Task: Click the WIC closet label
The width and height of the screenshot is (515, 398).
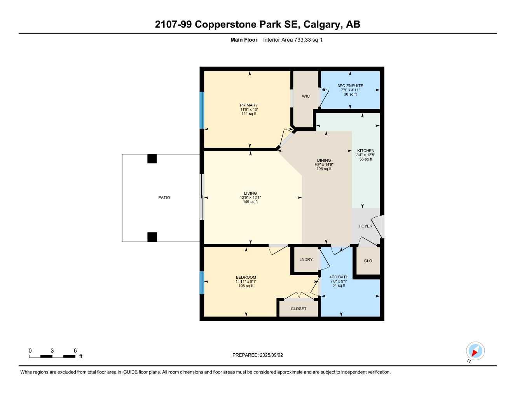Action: coord(306,96)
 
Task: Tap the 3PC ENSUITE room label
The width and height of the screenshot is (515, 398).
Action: coord(350,86)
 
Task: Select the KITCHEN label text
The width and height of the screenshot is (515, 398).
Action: coord(366,150)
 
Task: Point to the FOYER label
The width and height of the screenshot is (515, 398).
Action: coord(365,226)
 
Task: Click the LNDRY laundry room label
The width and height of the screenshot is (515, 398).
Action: coord(306,260)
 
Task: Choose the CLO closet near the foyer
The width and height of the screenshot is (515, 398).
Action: coord(368,261)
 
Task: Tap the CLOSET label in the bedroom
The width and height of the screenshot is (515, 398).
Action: coord(299,309)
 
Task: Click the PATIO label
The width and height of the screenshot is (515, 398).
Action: coord(164,197)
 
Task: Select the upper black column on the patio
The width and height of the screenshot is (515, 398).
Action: coord(152,159)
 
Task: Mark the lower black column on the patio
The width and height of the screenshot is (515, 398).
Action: coord(152,237)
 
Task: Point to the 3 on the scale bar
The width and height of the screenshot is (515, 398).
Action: coord(52,351)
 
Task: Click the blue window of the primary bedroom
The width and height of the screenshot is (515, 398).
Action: coord(202,110)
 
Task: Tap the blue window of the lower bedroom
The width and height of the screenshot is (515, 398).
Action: coord(202,283)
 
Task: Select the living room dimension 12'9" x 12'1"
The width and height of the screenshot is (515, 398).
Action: coord(250,197)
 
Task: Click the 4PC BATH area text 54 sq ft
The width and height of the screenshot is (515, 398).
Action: coord(339,286)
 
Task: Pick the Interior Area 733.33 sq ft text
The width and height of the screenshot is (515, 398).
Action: coord(293,40)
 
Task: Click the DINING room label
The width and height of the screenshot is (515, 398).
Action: coord(324,160)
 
